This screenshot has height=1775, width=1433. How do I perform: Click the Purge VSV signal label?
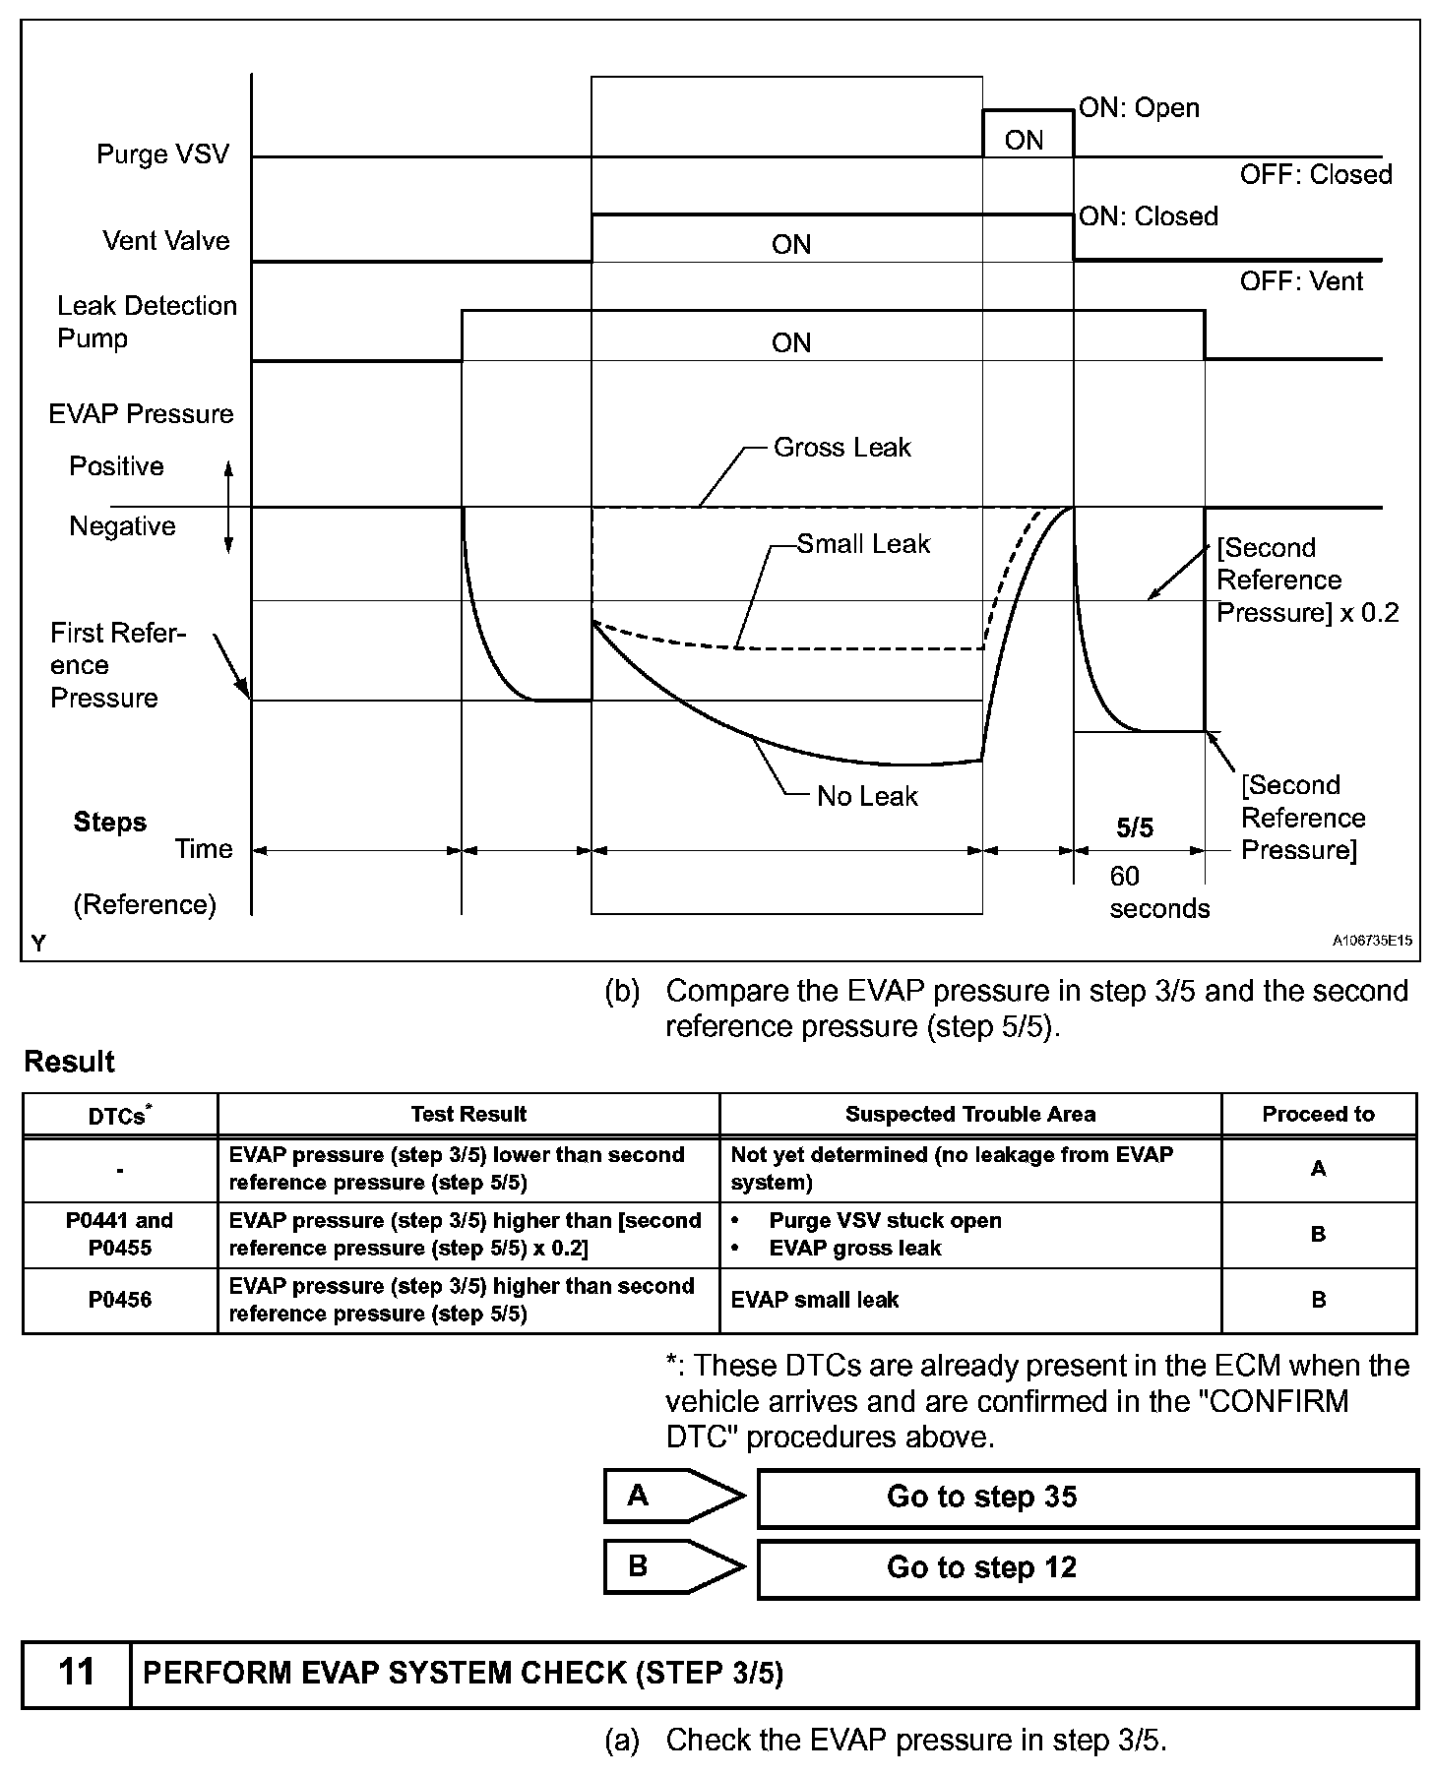[162, 154]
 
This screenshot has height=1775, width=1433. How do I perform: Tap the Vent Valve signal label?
[165, 241]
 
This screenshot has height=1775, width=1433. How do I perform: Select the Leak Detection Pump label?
[146, 322]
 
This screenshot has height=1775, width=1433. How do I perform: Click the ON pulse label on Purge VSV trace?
[1024, 141]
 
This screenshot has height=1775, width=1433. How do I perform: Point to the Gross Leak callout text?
[842, 448]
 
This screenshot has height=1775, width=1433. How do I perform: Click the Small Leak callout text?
[863, 544]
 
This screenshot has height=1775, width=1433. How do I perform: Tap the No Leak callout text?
[867, 796]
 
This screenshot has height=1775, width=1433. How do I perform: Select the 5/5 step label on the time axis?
[1135, 828]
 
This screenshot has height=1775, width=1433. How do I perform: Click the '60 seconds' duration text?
[1158, 892]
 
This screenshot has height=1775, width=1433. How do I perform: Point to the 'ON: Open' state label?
[1140, 107]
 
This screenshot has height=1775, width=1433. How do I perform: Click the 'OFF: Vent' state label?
[1301, 281]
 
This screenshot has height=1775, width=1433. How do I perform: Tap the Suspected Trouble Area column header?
[969, 1115]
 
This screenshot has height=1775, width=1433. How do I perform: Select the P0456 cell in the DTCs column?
[120, 1300]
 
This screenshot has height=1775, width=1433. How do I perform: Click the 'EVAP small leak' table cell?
[815, 1300]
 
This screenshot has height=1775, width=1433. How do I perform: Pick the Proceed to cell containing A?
[1318, 1169]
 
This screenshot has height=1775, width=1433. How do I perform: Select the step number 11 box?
[77, 1672]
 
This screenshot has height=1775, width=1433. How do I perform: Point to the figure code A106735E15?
[1372, 941]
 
